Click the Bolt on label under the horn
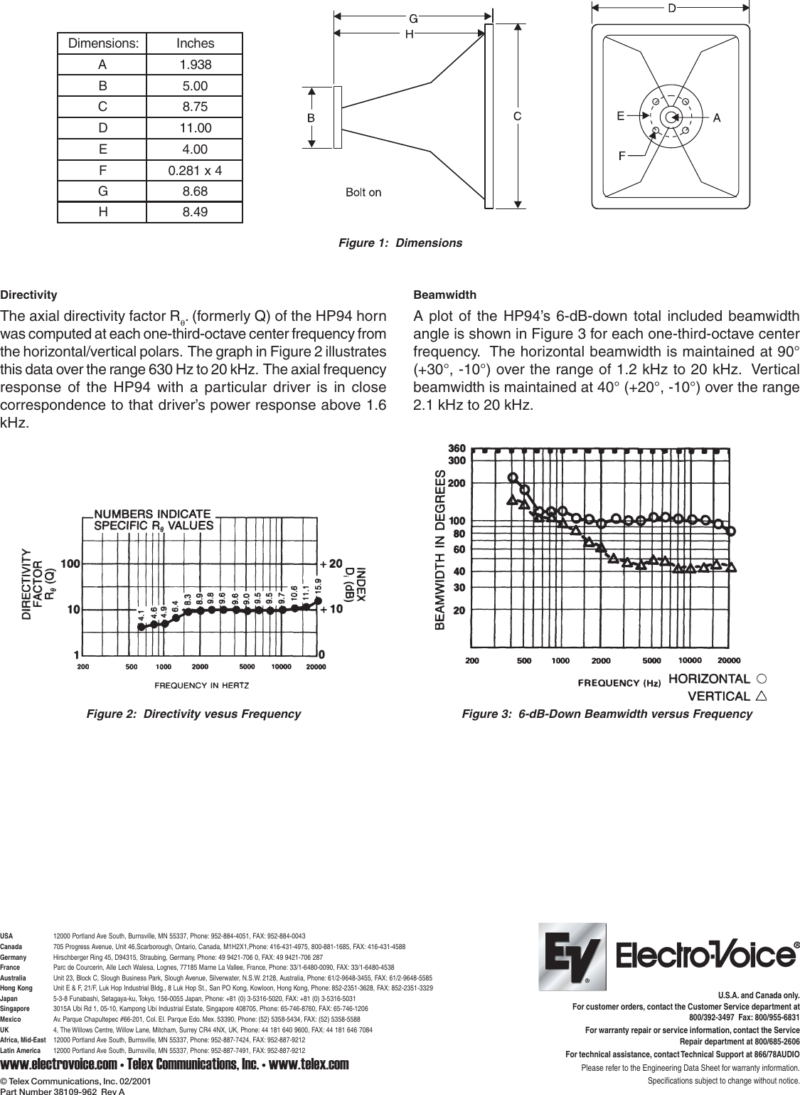coord(363,192)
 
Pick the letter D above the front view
coord(671,8)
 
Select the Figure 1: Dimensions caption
coord(400,243)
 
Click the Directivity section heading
coord(28,295)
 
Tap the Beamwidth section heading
coord(444,295)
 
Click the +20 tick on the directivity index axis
coord(331,564)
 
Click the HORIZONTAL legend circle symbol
coord(762,679)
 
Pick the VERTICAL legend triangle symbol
coord(762,696)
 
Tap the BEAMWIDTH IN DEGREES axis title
coord(440,550)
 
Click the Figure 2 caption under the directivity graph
coord(193,714)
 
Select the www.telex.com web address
coord(309,1064)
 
